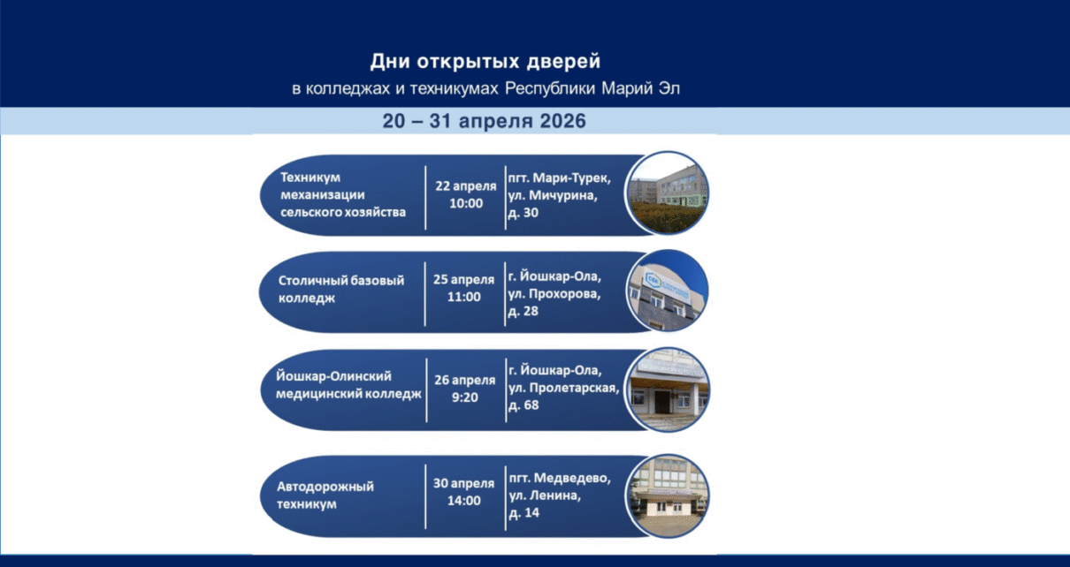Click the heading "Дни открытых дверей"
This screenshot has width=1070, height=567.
[x=485, y=62]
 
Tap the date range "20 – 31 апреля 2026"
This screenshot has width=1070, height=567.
[x=484, y=121]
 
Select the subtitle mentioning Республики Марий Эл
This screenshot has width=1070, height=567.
[x=485, y=89]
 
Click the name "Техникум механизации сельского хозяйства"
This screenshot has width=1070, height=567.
[x=343, y=194]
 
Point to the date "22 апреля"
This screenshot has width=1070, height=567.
[x=466, y=186]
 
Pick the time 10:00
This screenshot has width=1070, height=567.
[x=466, y=204]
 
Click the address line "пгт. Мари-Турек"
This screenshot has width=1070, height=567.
[x=560, y=178]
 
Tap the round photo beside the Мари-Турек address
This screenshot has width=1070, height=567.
[x=668, y=193]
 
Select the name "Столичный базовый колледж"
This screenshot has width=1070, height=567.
[x=341, y=289]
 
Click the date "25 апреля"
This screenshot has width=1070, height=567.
[x=464, y=280]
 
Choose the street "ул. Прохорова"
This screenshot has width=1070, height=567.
[x=554, y=293]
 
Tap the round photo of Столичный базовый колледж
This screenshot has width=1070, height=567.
[x=668, y=291]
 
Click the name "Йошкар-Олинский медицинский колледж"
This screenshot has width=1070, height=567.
[x=348, y=385]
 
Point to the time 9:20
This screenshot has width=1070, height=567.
[x=465, y=397]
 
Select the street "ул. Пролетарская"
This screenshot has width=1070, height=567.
[x=563, y=388]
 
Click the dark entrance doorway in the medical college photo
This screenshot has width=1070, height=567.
[x=662, y=403]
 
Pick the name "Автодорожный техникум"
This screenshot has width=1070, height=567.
[x=325, y=495]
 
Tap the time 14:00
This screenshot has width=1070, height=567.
[x=464, y=501]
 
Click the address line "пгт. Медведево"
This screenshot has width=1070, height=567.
[x=560, y=478]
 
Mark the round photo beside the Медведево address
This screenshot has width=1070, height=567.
[x=668, y=495]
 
